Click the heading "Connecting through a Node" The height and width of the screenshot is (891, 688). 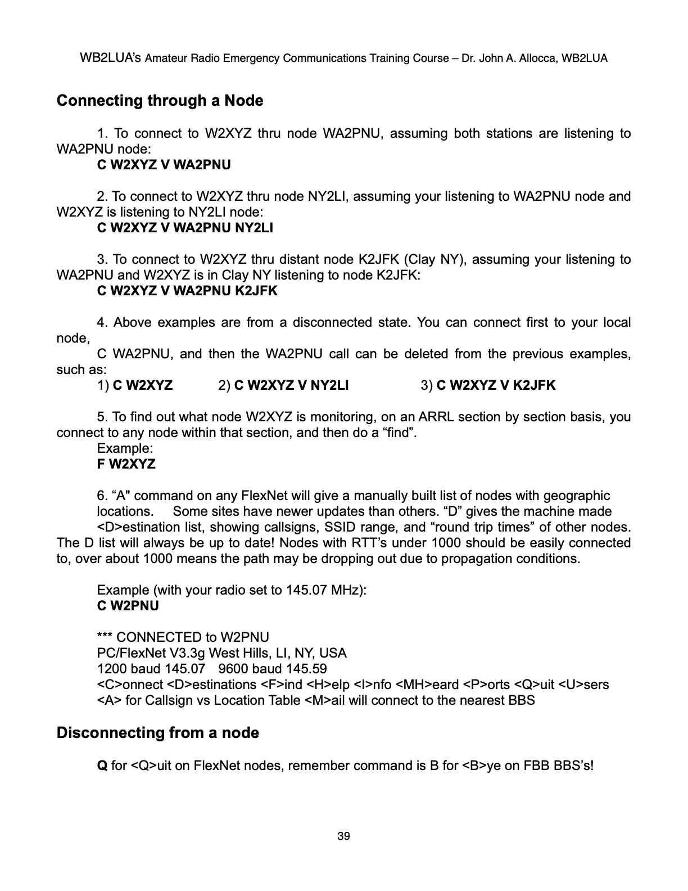(160, 101)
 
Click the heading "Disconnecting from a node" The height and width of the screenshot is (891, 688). (158, 733)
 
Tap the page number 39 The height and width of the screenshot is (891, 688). (343, 836)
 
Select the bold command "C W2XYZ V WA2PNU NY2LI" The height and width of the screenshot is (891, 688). (185, 228)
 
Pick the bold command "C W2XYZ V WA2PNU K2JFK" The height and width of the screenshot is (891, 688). (187, 291)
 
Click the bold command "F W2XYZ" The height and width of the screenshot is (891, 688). (126, 464)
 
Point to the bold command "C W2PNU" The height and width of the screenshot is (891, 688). (128, 606)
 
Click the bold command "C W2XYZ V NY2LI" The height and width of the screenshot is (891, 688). (291, 385)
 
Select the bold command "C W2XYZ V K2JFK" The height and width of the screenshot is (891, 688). (496, 385)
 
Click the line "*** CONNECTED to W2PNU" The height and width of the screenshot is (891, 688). (183, 637)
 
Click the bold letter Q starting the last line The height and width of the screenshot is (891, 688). (102, 766)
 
